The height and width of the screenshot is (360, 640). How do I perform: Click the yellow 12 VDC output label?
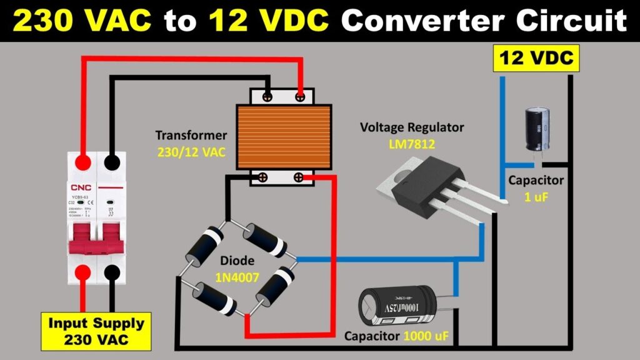tap(536, 59)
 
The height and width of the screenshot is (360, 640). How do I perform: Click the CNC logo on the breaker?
tap(81, 186)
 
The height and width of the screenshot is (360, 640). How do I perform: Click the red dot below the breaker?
tap(81, 272)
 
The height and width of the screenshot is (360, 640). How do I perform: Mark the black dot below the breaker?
tap(112, 272)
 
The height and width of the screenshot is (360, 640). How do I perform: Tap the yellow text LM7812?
tap(411, 144)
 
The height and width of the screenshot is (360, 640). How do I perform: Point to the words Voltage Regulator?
tap(412, 127)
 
